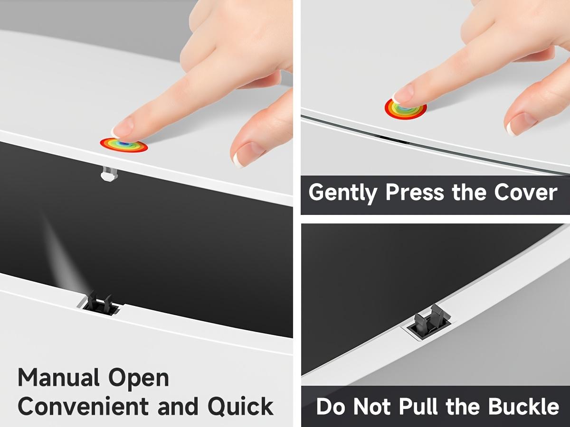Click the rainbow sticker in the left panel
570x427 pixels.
124,145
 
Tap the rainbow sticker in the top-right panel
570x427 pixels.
405,110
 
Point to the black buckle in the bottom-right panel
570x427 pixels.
428,322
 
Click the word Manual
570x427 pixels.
59,378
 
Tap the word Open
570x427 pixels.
139,379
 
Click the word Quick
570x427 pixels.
240,407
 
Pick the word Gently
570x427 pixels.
343,193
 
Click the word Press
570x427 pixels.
415,192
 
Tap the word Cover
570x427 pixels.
526,192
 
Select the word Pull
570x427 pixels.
418,406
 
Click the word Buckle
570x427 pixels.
523,406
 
